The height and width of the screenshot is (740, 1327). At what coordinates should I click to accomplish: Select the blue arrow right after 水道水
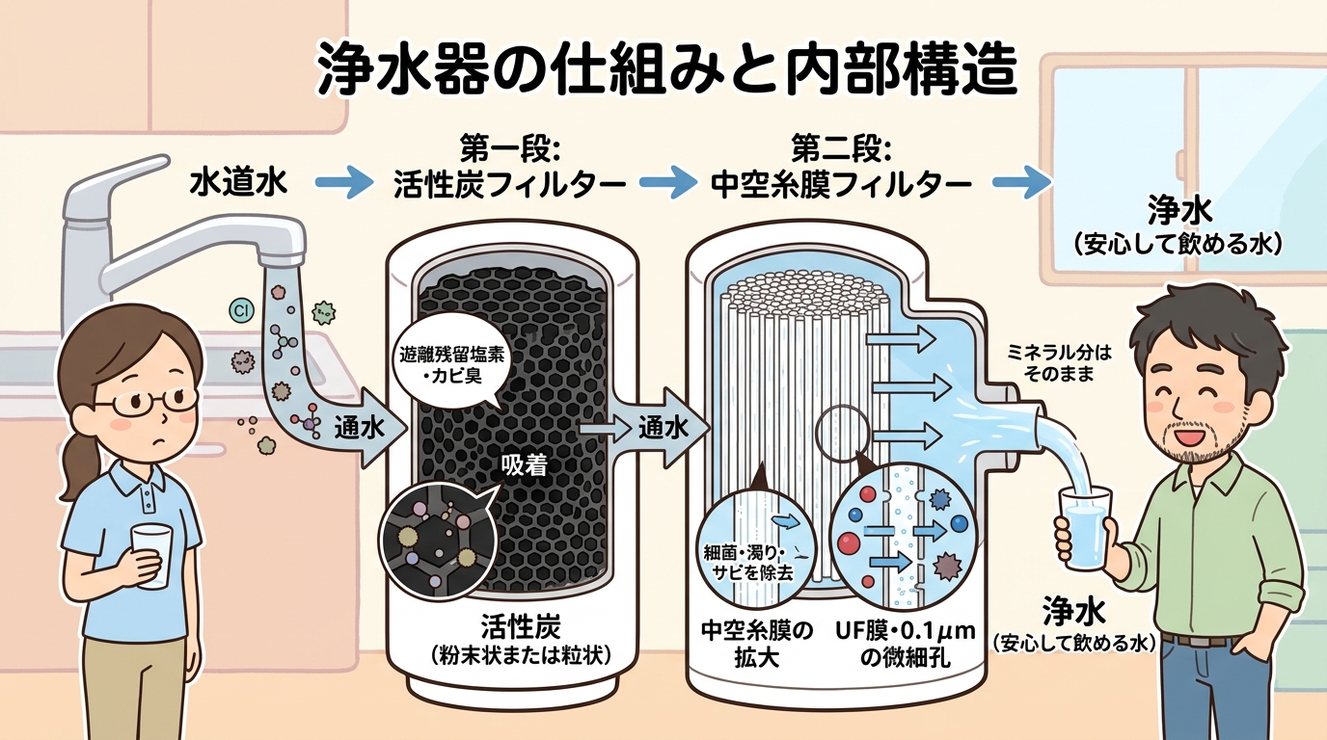coord(343,182)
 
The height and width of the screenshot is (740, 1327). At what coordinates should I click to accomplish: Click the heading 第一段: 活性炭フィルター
coord(505,168)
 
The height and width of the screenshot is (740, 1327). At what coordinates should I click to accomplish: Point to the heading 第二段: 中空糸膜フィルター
coord(840,168)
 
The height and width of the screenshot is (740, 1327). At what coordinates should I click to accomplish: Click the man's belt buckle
coord(1196,639)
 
